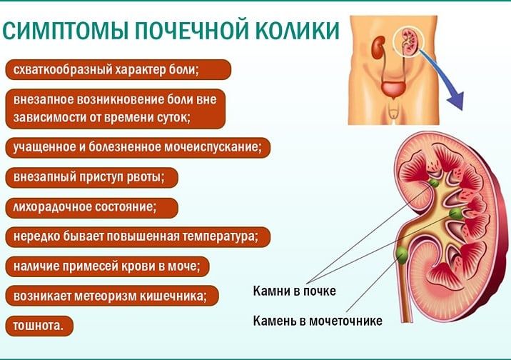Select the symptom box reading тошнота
point(39,326)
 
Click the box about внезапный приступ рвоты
point(92,177)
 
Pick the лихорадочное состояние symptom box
point(92,207)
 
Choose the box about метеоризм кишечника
point(112,296)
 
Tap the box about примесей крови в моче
point(107,266)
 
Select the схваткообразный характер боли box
point(118,69)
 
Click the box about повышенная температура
point(138,236)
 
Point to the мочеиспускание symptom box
point(138,147)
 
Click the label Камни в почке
point(294,291)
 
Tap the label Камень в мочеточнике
point(318,321)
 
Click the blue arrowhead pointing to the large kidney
point(456,101)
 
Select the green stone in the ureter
point(402,254)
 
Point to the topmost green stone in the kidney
point(434,183)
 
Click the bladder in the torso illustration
point(394,89)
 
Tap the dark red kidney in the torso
point(378,47)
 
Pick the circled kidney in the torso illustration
point(408,41)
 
